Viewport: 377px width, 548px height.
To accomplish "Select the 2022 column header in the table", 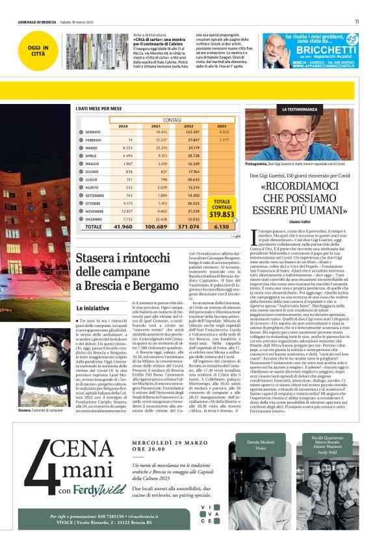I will (x=188, y=126).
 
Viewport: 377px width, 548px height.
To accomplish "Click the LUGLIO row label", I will (x=94, y=178).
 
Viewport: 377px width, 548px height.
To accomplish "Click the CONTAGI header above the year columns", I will (x=172, y=120).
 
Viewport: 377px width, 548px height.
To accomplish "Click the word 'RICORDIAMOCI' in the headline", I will (x=308, y=187).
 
